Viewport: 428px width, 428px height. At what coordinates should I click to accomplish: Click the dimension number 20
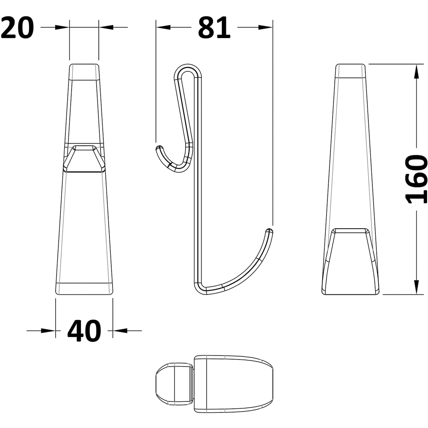[17, 27]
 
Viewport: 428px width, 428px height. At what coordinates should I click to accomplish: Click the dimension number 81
[214, 27]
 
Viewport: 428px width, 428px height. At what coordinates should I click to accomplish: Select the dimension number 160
[416, 179]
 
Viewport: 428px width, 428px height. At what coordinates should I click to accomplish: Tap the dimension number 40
[84, 330]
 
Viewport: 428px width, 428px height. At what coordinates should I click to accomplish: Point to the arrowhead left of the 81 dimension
[163, 27]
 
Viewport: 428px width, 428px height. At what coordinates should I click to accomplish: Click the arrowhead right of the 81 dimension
[265, 27]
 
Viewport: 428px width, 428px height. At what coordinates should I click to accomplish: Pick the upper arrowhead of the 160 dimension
[416, 71]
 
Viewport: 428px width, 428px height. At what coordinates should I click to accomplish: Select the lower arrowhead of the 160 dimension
[416, 287]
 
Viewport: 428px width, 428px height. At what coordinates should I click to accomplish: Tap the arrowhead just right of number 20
[106, 27]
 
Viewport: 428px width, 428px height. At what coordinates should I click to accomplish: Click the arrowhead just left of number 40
[48, 330]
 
